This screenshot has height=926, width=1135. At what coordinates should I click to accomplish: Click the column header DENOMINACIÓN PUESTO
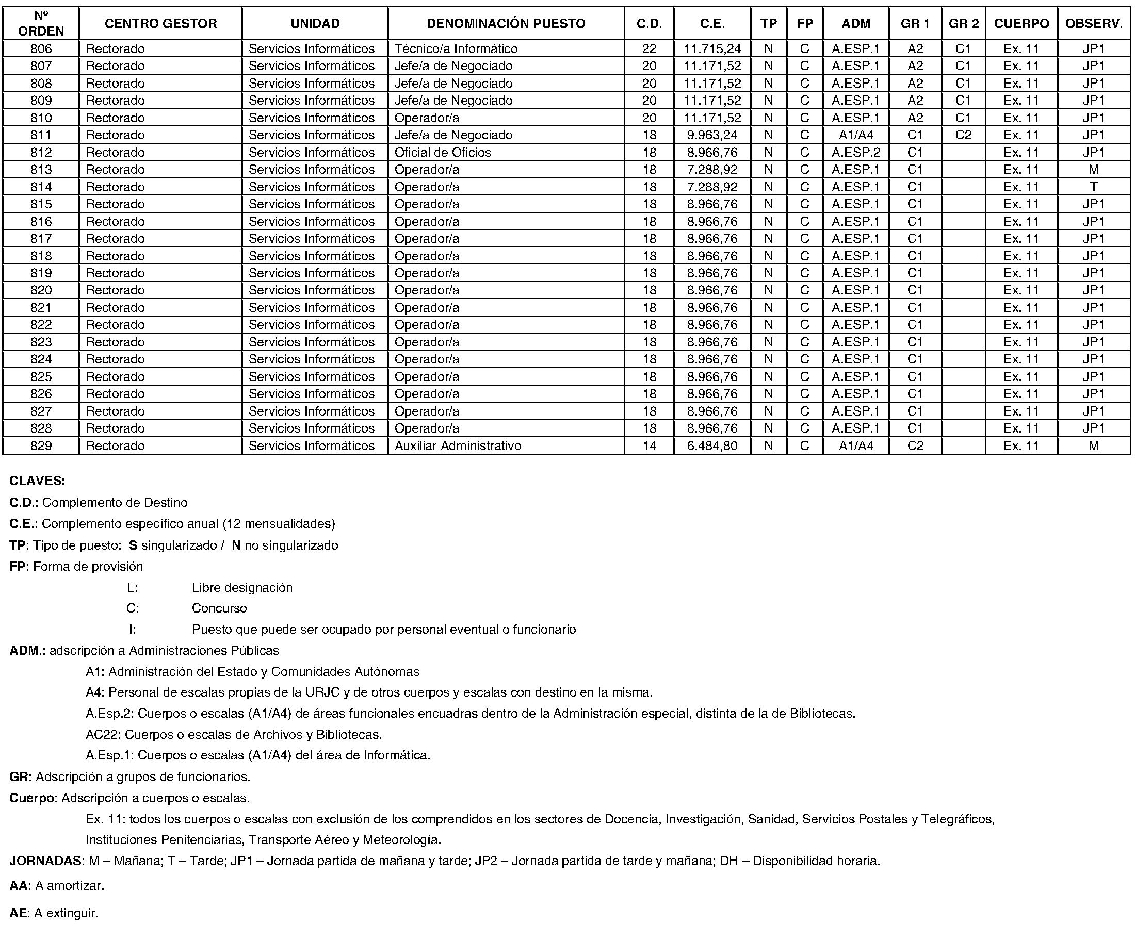tap(506, 24)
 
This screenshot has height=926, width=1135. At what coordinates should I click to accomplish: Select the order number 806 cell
tap(41, 49)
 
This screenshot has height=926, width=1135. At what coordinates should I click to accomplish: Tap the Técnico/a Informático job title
tap(456, 49)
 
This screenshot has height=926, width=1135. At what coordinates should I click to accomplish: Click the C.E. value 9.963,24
tap(712, 135)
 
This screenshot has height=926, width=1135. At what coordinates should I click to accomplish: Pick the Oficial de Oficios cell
tap(442, 153)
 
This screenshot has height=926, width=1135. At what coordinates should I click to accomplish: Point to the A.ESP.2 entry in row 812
tap(855, 153)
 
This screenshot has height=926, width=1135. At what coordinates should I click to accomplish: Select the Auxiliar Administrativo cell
tap(457, 446)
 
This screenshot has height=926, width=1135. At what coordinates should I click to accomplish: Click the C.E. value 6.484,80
tap(712, 446)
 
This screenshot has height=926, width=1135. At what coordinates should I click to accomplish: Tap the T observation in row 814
tap(1093, 187)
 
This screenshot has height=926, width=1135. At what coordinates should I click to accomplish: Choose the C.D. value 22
tap(649, 49)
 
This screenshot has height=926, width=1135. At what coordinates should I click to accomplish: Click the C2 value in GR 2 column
tap(963, 135)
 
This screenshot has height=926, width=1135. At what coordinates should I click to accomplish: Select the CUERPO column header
tap(1021, 24)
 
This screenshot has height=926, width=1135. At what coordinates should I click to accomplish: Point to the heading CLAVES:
tap(37, 481)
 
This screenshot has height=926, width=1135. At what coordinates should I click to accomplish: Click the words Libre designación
tap(242, 588)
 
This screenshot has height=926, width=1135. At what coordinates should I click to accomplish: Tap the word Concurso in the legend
tap(219, 608)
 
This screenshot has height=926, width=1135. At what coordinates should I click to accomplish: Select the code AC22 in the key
tap(103, 735)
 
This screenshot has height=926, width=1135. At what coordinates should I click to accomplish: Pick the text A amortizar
tap(69, 886)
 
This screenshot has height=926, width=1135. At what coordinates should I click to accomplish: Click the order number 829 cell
tap(41, 446)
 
